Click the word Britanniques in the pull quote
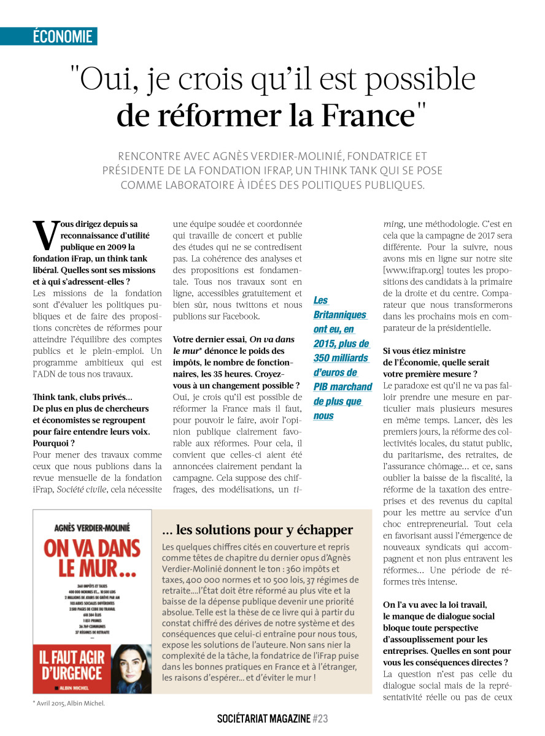click(340, 315)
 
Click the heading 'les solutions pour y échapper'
click(257, 529)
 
